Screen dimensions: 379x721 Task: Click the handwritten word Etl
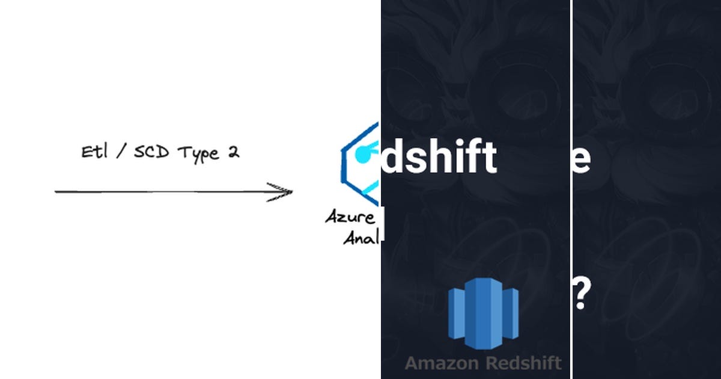point(94,152)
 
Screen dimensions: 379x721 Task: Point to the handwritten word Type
point(198,153)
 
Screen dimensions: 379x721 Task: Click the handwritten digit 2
point(233,152)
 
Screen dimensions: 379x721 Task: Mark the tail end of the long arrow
point(58,192)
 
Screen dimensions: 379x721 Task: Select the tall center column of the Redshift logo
point(482,313)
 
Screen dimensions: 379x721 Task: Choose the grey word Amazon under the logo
point(442,363)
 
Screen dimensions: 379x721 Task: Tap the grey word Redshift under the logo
point(523,363)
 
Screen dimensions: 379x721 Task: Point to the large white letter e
point(582,158)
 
